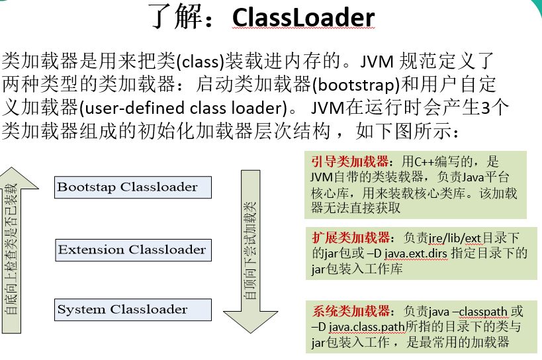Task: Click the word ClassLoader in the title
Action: pyautogui.click(x=303, y=18)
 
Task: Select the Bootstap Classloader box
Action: pyautogui.click(x=133, y=187)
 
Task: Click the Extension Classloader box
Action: pyautogui.click(x=132, y=250)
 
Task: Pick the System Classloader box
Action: pyautogui.click(x=132, y=310)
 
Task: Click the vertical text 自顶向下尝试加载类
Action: pyautogui.click(x=251, y=252)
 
